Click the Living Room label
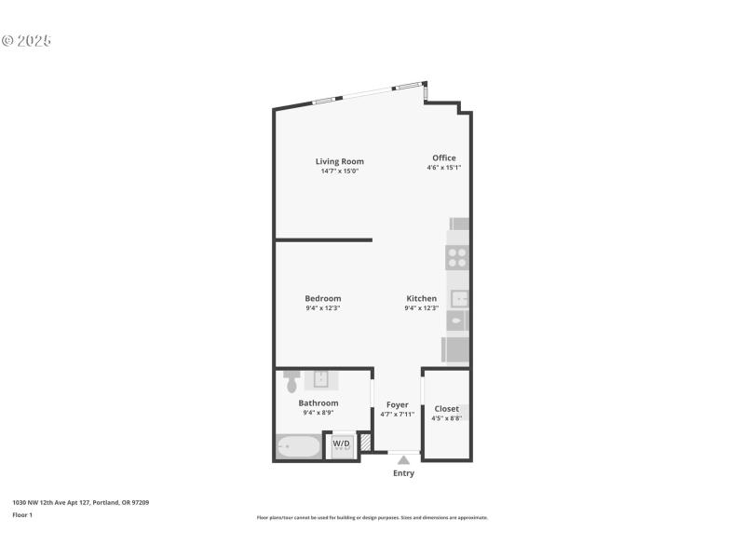point(339,161)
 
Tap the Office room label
point(444,157)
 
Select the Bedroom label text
point(323,298)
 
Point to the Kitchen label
point(421,298)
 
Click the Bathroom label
point(318,402)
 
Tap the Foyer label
point(398,404)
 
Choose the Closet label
point(446,408)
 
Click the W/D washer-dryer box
point(342,443)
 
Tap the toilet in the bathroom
point(291,381)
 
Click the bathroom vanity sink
point(320,378)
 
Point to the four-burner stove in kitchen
point(457,257)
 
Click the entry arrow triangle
point(403,460)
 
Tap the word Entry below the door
point(403,473)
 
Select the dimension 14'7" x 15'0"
point(339,170)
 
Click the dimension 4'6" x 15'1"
point(444,168)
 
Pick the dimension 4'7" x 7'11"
point(398,414)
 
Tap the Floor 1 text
point(21,514)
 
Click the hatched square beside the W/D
point(366,443)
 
